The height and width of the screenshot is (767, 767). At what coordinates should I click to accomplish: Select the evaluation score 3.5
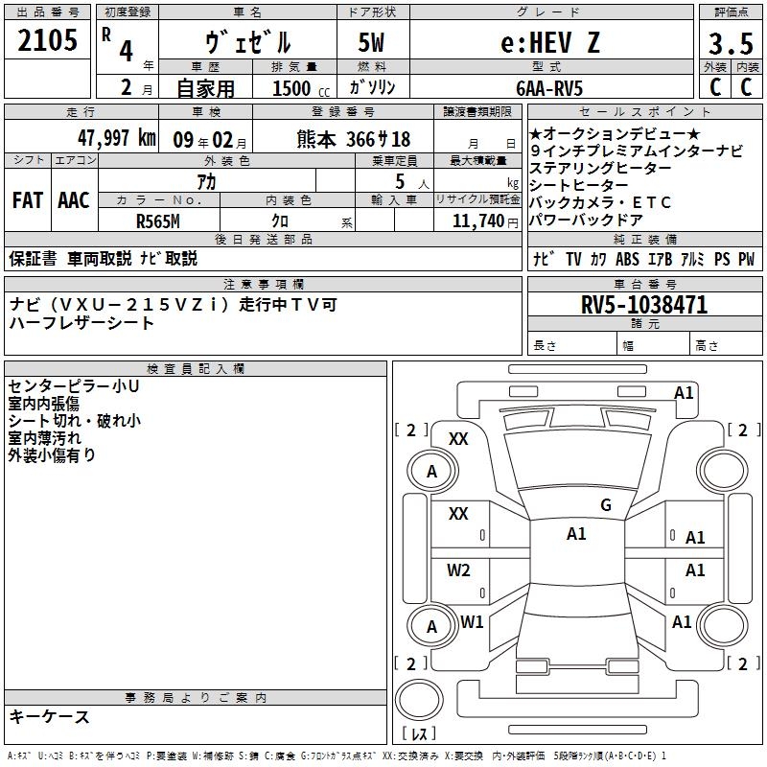pos(730,43)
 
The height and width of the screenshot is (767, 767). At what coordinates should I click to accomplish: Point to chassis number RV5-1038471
pos(644,305)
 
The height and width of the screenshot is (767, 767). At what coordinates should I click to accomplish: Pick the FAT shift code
pos(28,200)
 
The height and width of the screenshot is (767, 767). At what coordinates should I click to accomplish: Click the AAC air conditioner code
pos(73,200)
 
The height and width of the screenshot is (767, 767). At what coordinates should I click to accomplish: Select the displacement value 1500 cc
pos(294,88)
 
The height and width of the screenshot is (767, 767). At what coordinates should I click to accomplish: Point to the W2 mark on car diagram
pos(458,570)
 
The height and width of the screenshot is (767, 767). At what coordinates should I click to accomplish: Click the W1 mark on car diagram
pos(472,622)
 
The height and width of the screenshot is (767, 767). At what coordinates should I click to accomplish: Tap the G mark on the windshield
pos(606,505)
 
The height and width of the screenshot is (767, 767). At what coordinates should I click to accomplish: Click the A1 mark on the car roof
pos(576,534)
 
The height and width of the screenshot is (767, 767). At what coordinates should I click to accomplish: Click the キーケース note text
pos(49,716)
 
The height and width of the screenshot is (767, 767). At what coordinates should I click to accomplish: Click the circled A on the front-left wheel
pos(431,471)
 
